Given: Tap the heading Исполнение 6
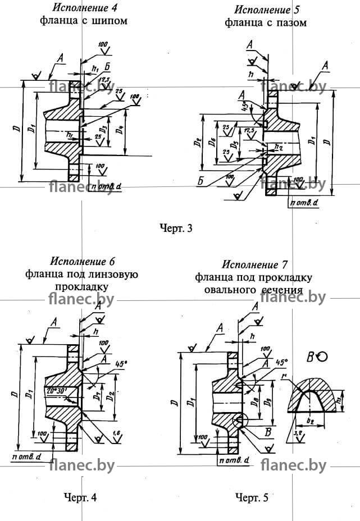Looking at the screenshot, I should pos(82,262).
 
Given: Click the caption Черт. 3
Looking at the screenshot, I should pos(176,228).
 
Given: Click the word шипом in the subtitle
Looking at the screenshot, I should pos(110,21).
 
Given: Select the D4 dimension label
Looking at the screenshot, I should pos(119,132).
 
